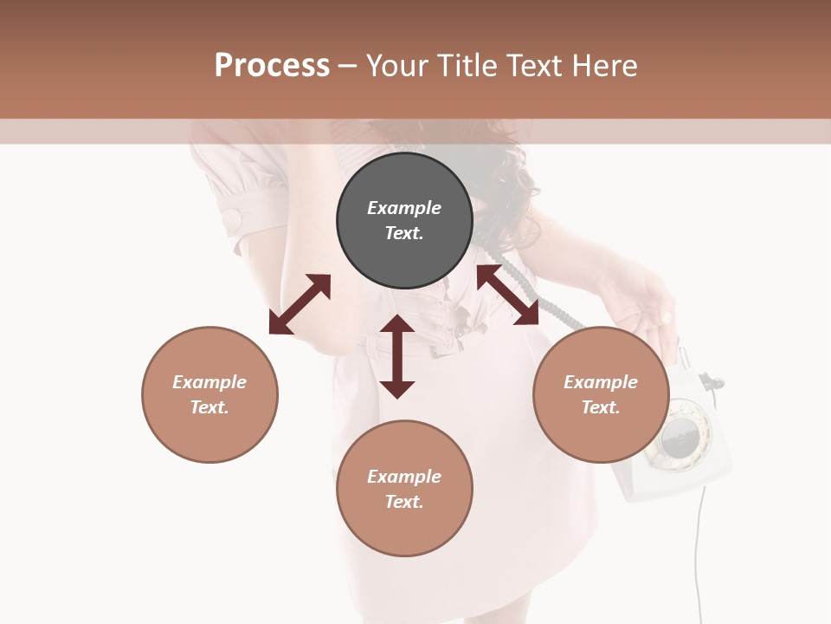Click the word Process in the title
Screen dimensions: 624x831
point(272,65)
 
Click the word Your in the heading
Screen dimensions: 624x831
point(397,65)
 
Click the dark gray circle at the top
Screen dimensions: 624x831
point(404,182)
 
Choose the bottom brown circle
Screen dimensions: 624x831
point(404,529)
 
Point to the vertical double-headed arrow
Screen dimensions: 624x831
point(397,356)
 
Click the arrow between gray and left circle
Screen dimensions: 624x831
point(300,304)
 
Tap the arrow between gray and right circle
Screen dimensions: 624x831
point(507,296)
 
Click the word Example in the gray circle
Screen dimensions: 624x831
point(404,208)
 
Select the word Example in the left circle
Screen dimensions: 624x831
point(209,382)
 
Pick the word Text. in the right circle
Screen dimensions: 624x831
point(601,407)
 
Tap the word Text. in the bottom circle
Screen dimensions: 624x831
point(404,502)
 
